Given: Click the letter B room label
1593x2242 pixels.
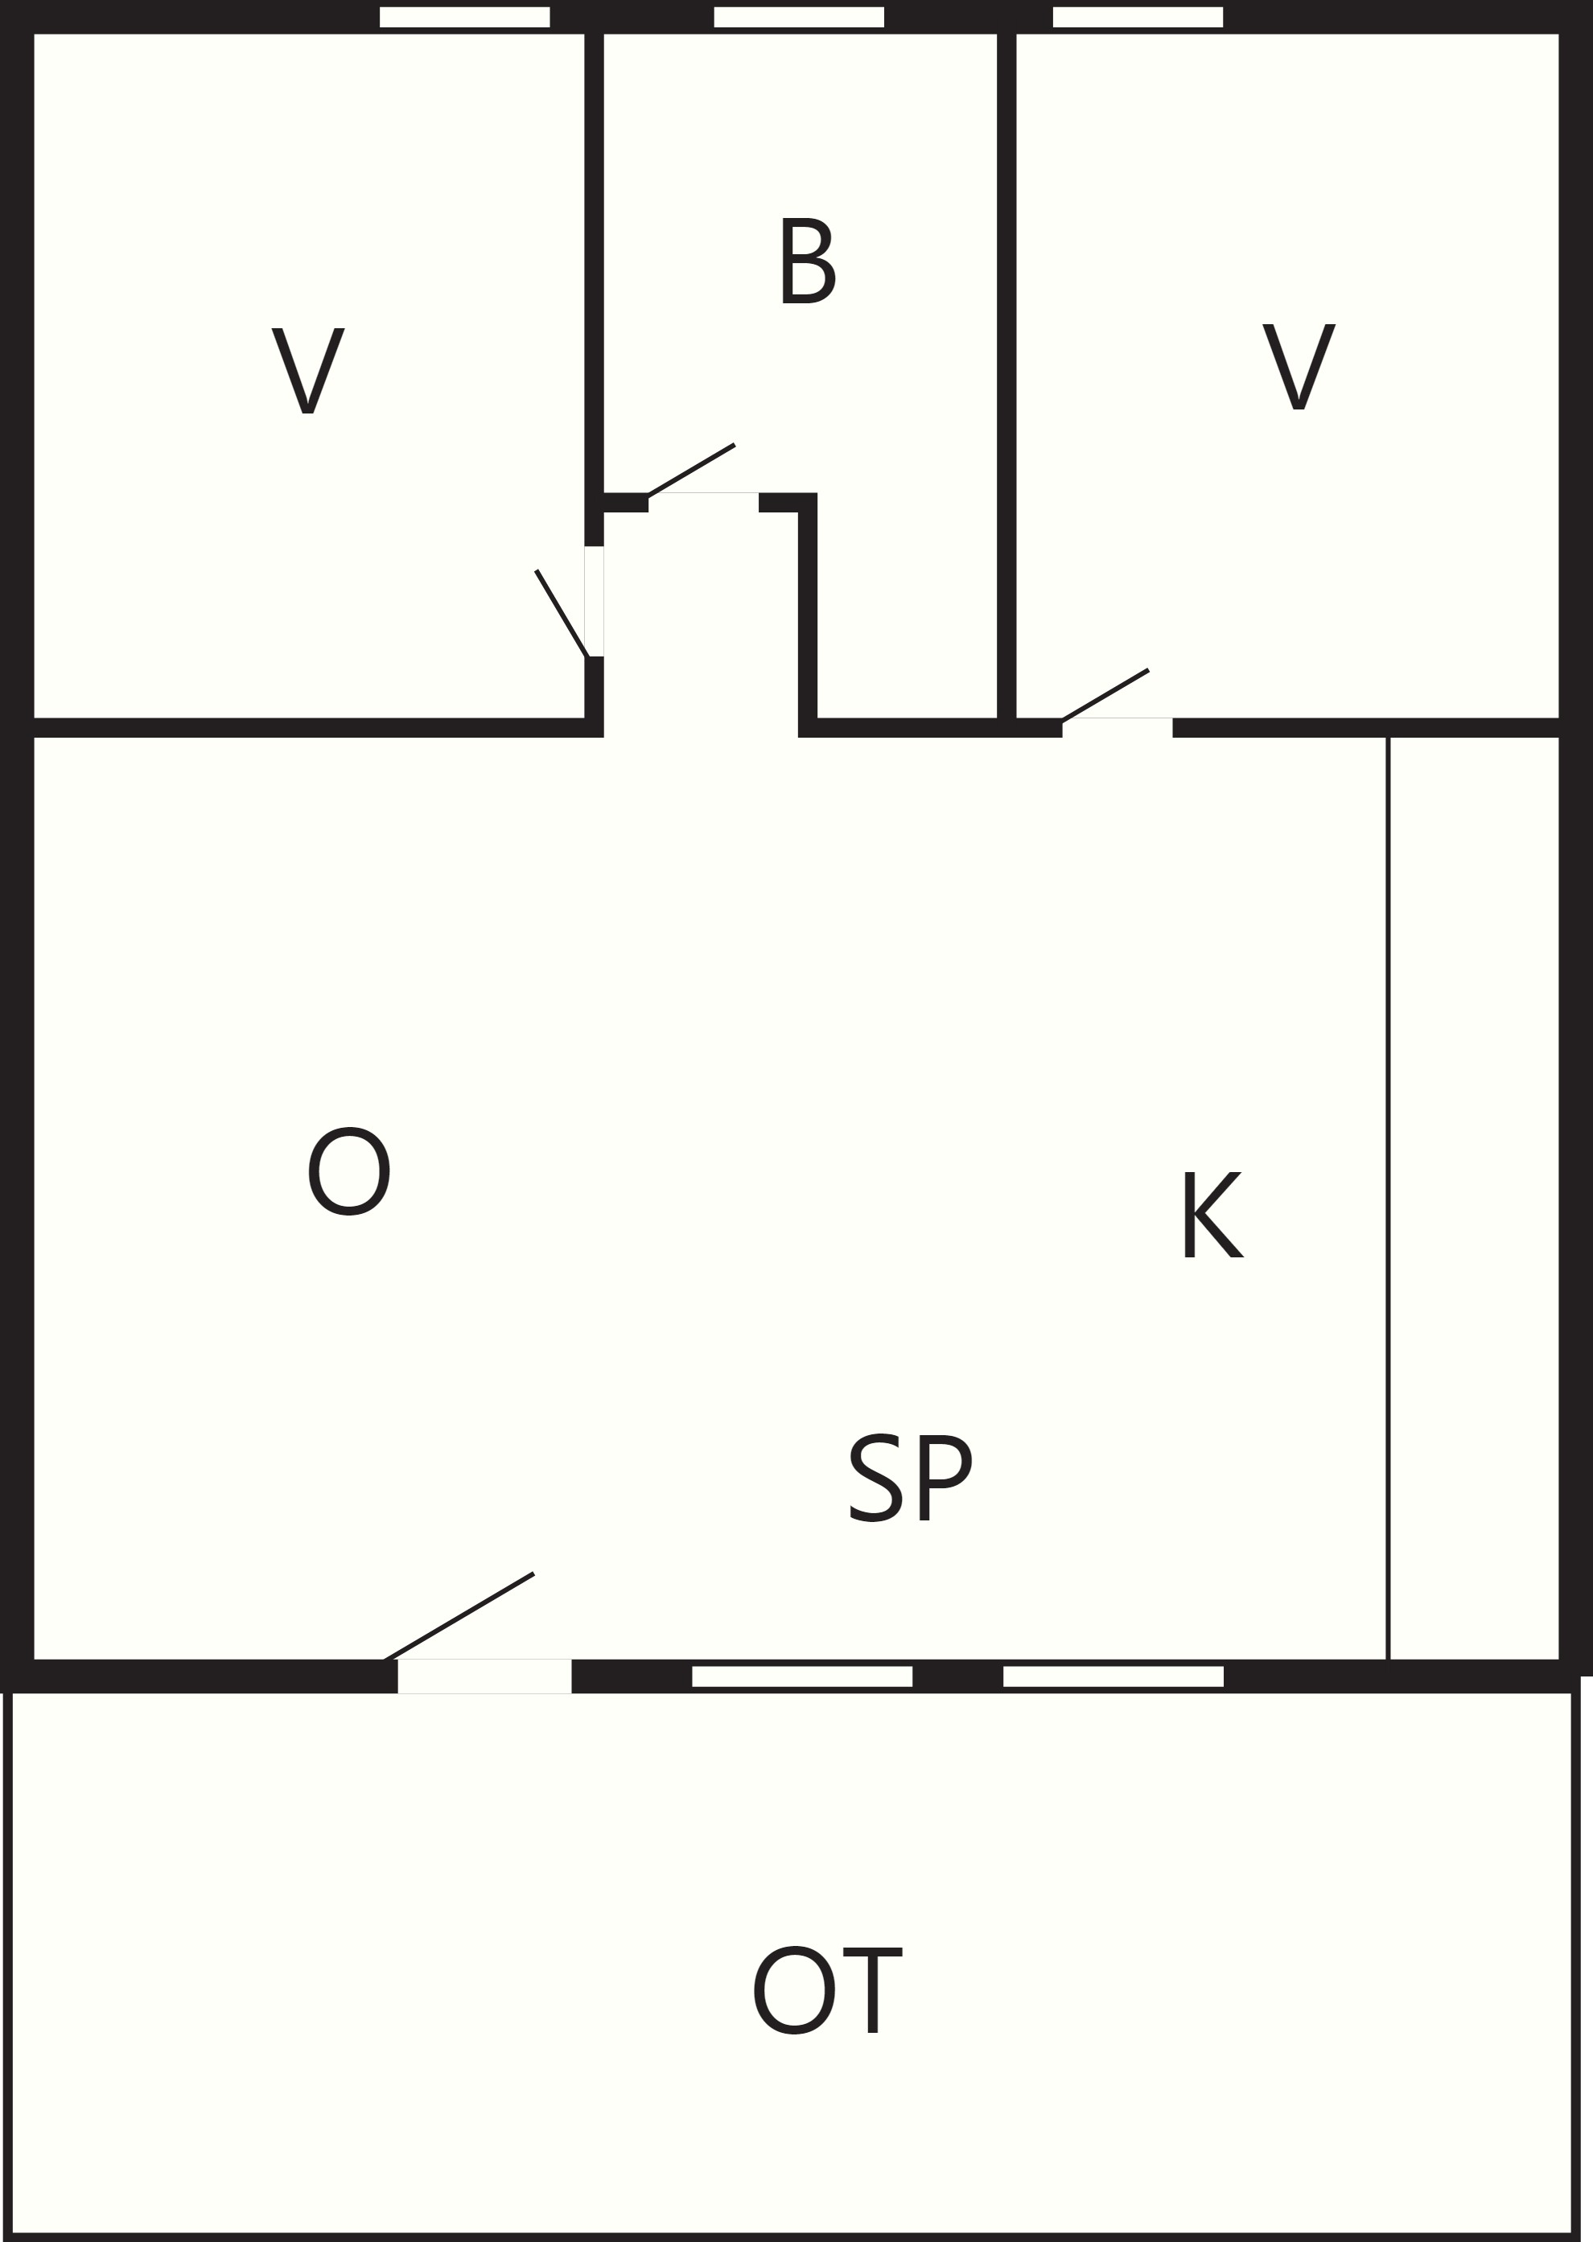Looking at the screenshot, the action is (x=809, y=261).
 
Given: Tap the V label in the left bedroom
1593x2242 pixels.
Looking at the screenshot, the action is (x=308, y=371).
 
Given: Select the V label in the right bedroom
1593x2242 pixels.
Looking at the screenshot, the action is (x=1299, y=366).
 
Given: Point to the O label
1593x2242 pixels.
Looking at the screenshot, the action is (x=349, y=1171).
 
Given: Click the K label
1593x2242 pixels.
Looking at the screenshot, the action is (x=1213, y=1214).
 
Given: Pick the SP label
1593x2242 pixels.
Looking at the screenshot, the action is (x=910, y=1478).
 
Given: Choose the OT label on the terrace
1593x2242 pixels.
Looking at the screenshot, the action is (x=827, y=1991).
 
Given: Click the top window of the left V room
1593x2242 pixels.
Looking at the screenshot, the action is (x=465, y=18).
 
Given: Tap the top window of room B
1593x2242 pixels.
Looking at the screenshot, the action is (x=800, y=18).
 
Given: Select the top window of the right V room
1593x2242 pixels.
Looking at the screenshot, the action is (x=1138, y=18).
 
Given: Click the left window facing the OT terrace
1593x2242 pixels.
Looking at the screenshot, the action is (x=802, y=1676).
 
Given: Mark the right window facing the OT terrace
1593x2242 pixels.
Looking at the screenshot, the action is (x=1113, y=1676).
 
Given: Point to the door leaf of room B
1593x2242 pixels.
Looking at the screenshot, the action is (x=692, y=471).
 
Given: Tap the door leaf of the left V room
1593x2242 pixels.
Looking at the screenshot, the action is (x=561, y=613).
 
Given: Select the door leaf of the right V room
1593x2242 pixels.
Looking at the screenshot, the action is (x=1105, y=695).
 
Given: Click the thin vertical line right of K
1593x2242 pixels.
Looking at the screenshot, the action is (x=1388, y=1198).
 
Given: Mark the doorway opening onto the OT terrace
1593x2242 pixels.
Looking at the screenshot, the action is (x=484, y=1676).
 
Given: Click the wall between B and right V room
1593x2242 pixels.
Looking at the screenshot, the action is (x=1006, y=376).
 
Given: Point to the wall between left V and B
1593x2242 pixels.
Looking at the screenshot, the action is (x=594, y=263).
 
